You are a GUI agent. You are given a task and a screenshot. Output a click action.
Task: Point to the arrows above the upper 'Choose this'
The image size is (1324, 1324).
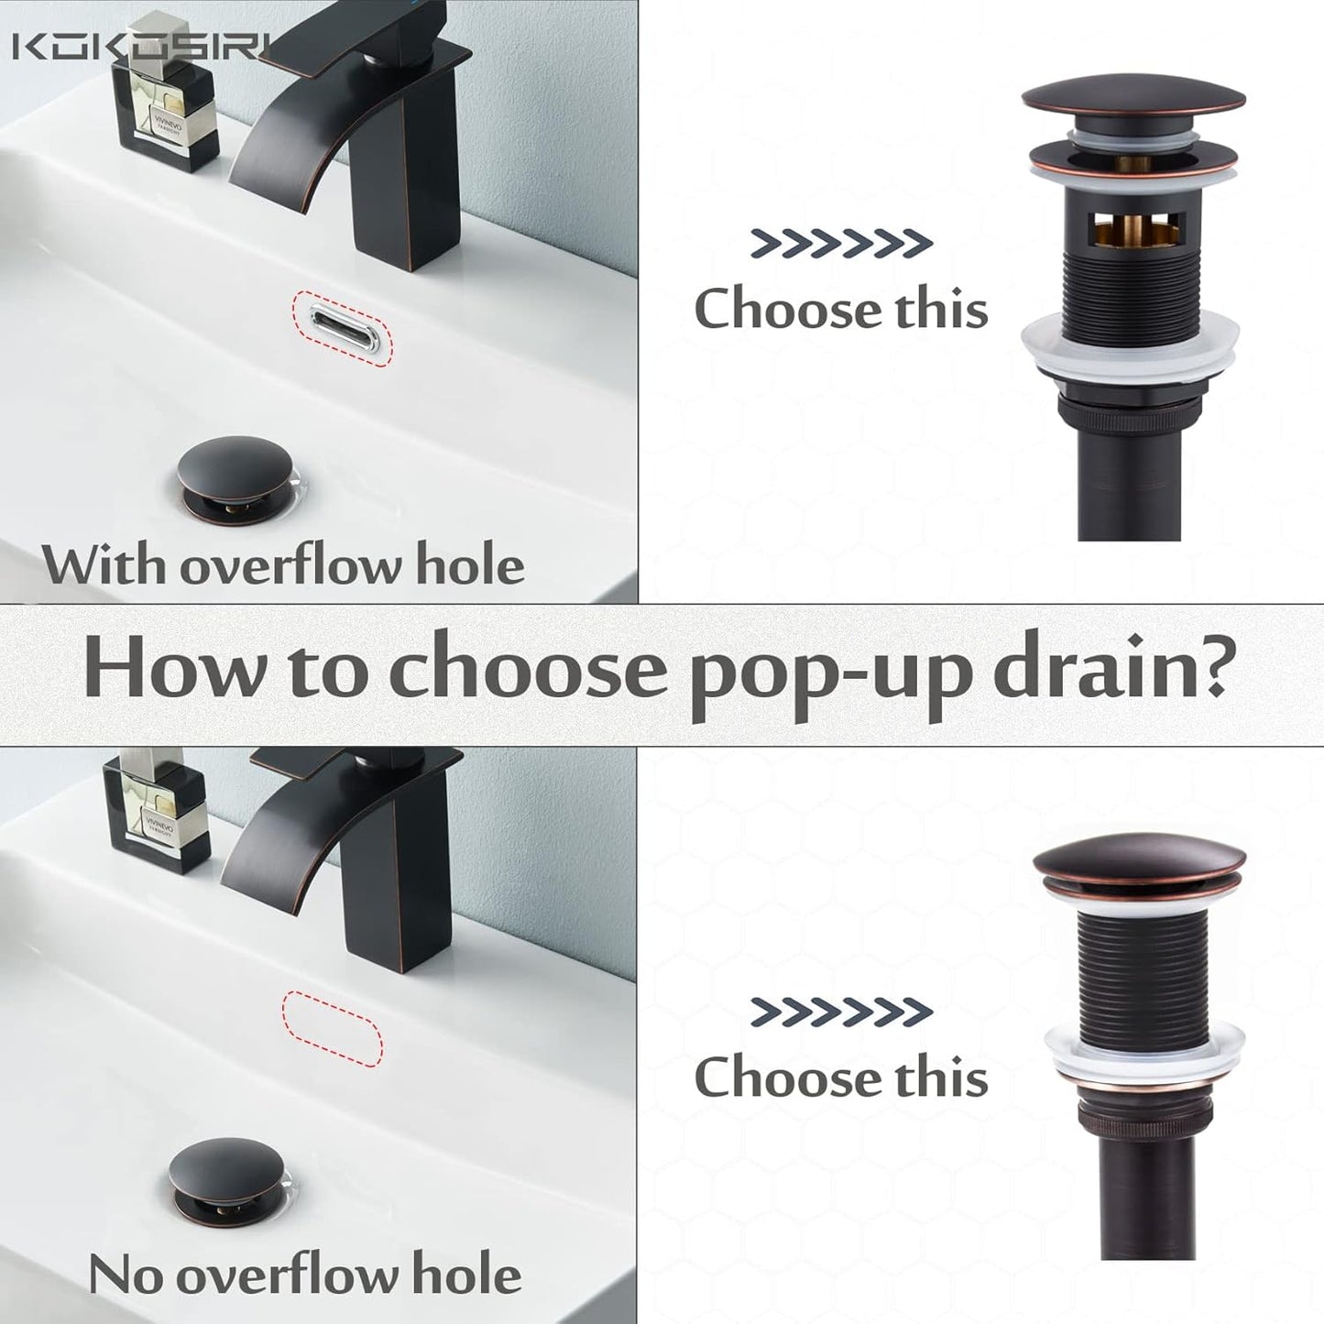point(841,244)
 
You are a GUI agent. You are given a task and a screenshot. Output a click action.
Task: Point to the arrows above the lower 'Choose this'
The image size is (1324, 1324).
point(841,1012)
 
